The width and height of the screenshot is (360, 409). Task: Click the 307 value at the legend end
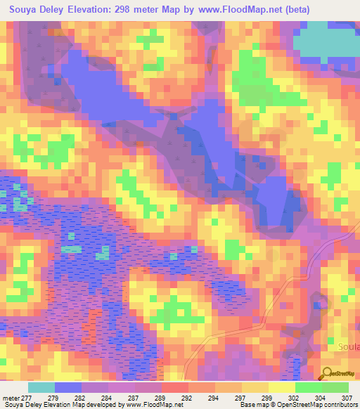(x=347, y=397)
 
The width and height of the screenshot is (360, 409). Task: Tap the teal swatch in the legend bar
(x=41, y=387)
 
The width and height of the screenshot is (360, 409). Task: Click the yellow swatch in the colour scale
(x=281, y=387)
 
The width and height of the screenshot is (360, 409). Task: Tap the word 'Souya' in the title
(x=22, y=8)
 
